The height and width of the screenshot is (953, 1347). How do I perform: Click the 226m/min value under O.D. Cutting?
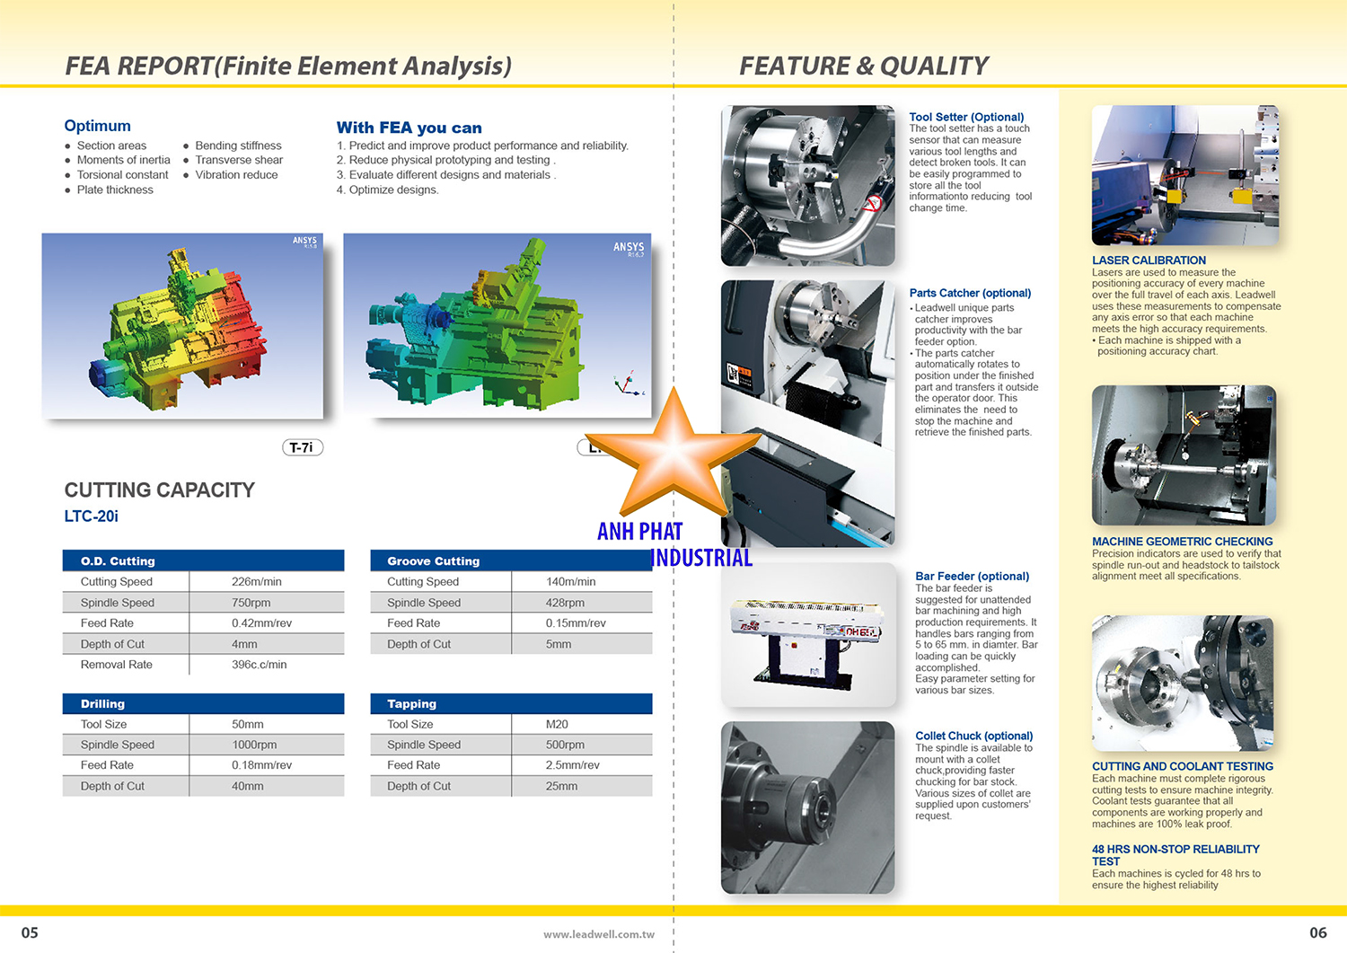[256, 582]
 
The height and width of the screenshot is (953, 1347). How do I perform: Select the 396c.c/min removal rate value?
[260, 665]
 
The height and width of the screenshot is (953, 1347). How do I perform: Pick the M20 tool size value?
[557, 724]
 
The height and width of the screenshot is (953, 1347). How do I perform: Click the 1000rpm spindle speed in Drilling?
[254, 745]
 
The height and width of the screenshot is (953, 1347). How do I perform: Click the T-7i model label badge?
[303, 447]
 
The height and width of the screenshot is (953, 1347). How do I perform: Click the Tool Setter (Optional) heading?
[966, 117]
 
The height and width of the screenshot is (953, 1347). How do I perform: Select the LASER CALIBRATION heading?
[1149, 260]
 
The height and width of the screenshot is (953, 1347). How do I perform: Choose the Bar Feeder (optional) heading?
[973, 577]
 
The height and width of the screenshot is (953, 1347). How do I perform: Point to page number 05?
[30, 932]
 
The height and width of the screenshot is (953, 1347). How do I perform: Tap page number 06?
[1318, 932]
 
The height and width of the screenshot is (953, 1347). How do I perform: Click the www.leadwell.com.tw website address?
[599, 934]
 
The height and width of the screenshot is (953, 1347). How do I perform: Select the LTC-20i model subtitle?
[92, 516]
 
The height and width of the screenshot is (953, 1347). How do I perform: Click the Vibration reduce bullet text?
[236, 175]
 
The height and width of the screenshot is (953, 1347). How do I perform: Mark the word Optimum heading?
[97, 126]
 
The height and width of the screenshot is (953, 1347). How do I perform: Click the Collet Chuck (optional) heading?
[974, 736]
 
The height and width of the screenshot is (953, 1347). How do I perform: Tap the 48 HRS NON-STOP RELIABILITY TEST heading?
[1175, 855]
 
